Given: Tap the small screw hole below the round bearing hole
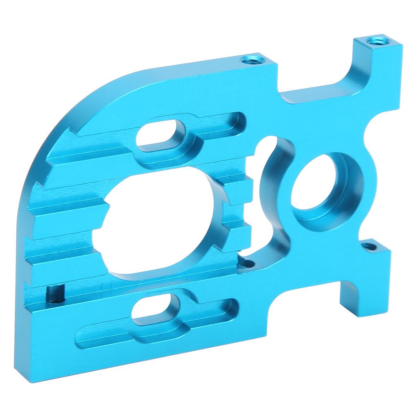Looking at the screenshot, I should (369, 246).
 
